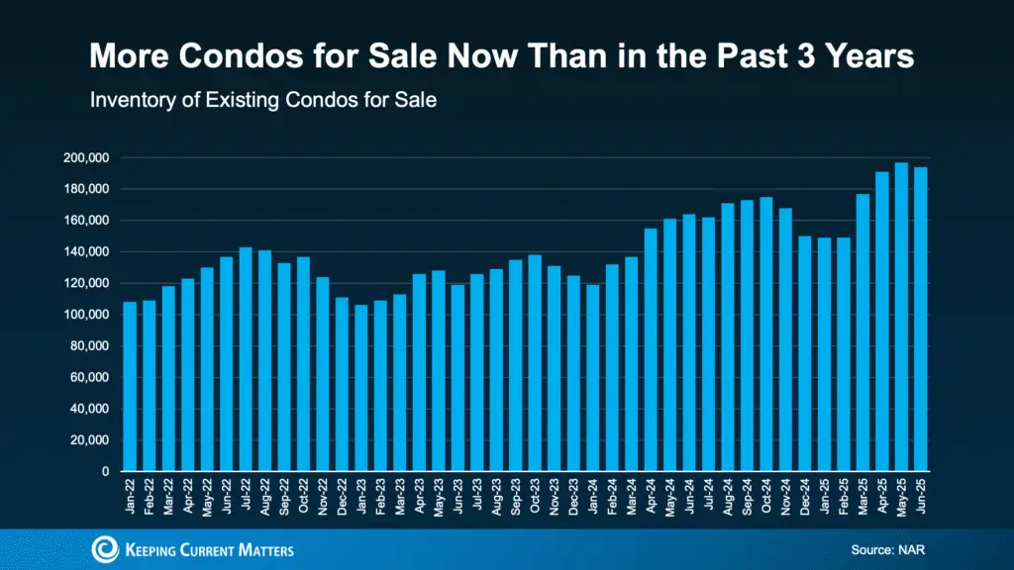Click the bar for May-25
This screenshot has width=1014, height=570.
[x=901, y=317]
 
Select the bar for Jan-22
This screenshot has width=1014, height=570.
[x=130, y=386]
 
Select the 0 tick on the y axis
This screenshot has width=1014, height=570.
[x=104, y=472]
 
